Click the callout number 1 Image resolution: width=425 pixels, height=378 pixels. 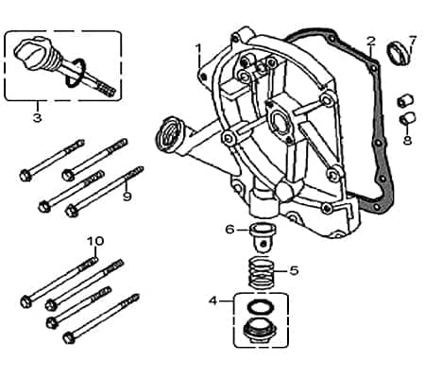199,47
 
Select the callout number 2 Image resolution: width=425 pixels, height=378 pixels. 370,42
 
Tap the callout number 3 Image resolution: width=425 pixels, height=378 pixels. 37,118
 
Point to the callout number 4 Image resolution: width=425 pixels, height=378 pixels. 213,301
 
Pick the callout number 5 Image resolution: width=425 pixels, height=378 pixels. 294,270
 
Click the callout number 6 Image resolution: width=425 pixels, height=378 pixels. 229,229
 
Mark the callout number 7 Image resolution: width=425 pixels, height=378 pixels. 412,40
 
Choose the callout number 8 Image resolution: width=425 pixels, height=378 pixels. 407,140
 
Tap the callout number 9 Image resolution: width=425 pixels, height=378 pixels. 127,196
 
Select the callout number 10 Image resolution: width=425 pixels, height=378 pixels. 94,240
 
